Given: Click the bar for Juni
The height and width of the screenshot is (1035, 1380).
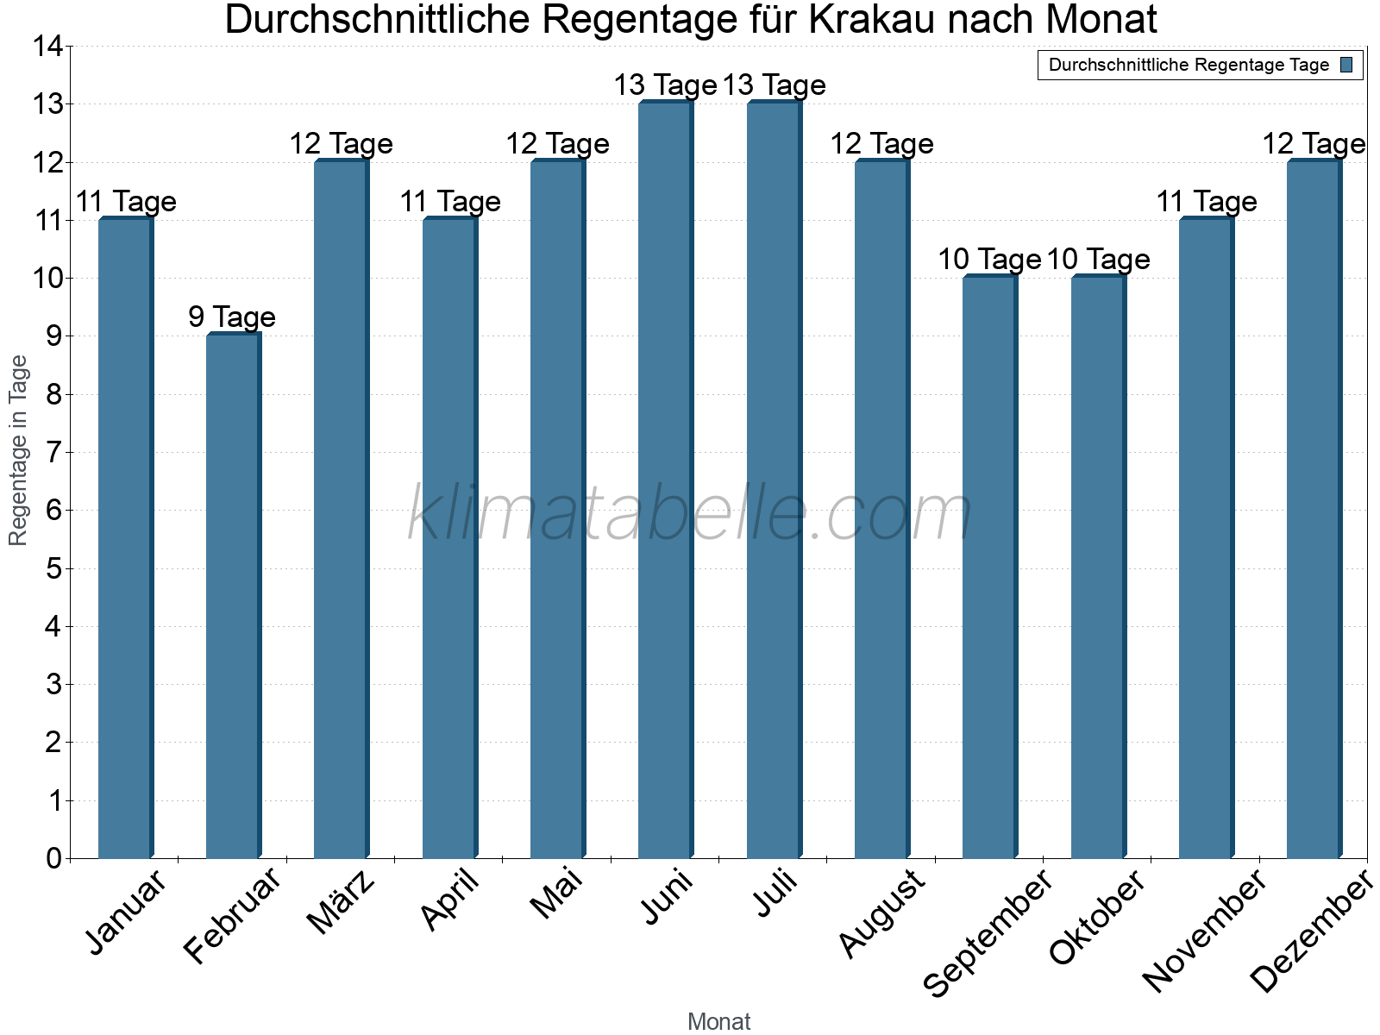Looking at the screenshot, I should tap(665, 480).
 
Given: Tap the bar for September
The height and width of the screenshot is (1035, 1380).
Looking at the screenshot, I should tap(989, 567).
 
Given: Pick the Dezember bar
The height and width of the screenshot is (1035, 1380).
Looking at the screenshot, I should tap(1314, 509).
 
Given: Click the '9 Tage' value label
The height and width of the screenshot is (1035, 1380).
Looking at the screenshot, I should tap(232, 317).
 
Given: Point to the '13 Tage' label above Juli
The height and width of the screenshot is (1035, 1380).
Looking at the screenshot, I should tap(774, 85).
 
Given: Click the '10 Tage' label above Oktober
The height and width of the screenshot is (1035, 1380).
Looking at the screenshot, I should tap(1098, 259).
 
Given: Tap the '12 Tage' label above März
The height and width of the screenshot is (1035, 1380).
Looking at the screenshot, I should tap(341, 143).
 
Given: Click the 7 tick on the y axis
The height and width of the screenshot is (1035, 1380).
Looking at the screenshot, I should tap(53, 452).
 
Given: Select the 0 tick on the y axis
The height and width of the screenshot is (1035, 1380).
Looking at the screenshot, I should tap(53, 858).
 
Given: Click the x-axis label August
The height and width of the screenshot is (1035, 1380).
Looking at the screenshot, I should tap(882, 913).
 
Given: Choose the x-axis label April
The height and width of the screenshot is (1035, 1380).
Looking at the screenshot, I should tap(450, 900).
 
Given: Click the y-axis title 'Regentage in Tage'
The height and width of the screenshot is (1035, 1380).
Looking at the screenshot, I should tap(18, 450).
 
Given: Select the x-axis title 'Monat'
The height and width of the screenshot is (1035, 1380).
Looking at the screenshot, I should tap(718, 1021).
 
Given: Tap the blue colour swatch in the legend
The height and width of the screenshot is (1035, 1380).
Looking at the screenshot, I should tap(1346, 65).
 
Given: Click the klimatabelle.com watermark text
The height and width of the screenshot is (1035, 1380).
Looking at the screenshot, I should tap(690, 513).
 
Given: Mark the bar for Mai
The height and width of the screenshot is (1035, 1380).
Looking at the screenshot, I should tap(557, 509).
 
